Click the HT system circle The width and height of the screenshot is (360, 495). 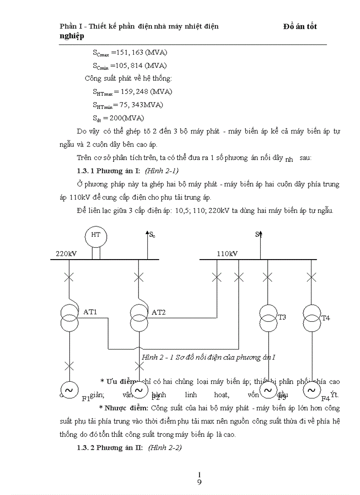(96, 235)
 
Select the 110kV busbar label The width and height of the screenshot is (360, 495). (227, 254)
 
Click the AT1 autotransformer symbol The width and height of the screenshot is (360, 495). (69, 317)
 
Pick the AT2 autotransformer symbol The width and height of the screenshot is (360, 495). (139, 317)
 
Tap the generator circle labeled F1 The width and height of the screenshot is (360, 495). (69, 390)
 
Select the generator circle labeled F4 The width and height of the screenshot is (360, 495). (311, 390)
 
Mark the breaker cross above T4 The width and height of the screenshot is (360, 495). (311, 277)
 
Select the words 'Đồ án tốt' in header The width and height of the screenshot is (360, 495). (300, 26)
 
